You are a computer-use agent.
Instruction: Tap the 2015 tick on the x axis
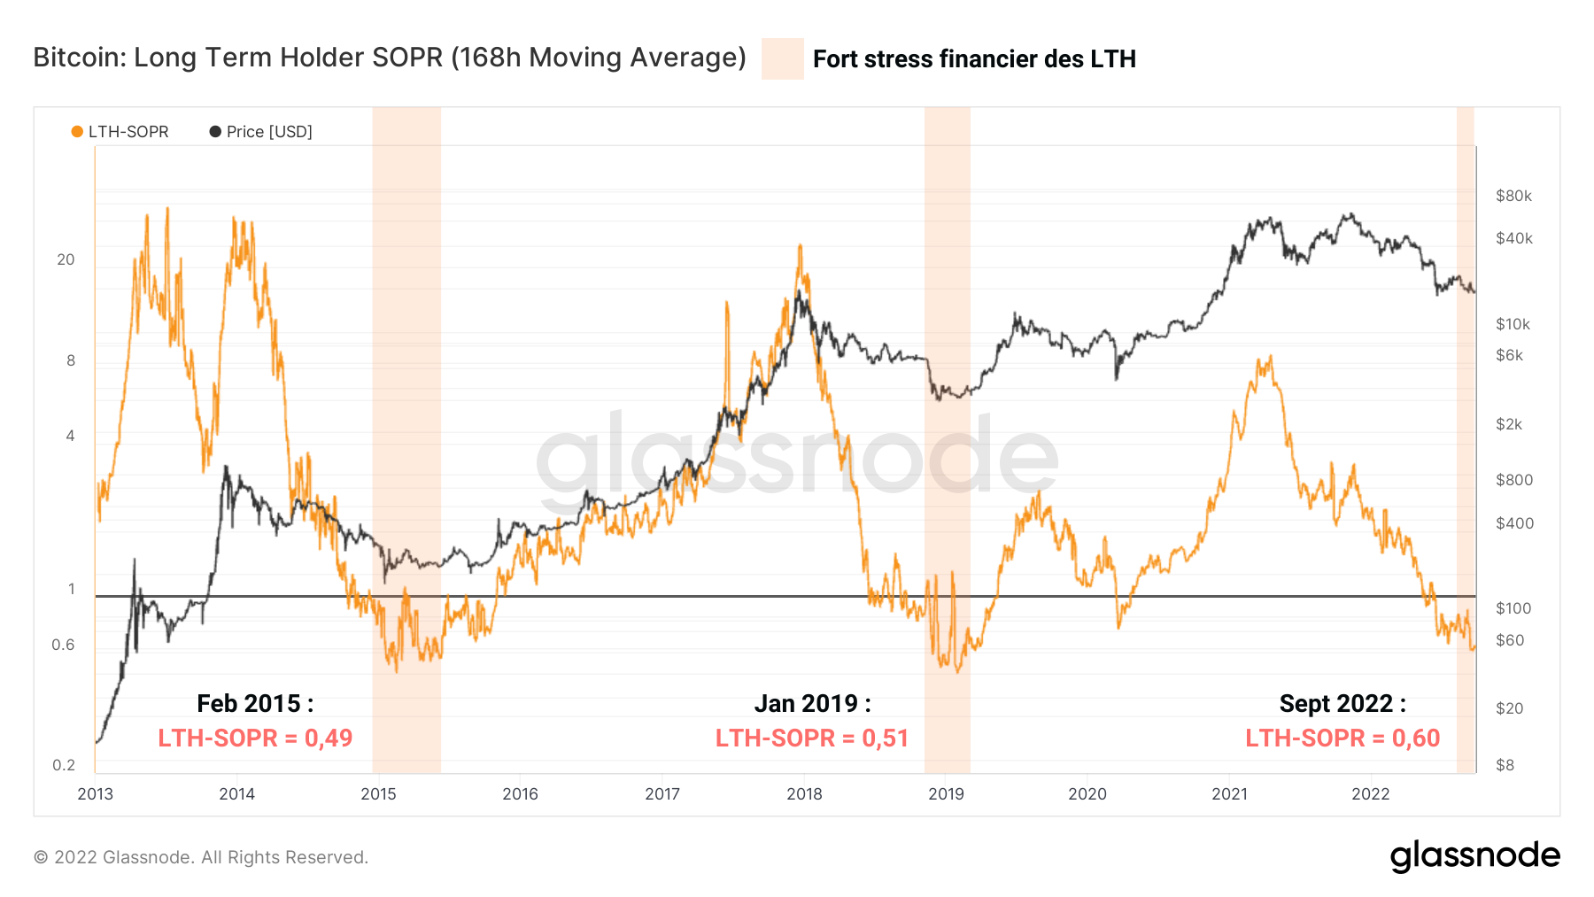[x=378, y=793]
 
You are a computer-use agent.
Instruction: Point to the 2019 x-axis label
[x=946, y=793]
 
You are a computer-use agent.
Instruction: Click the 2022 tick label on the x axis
[x=1370, y=793]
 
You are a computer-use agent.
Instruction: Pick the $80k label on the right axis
[x=1513, y=196]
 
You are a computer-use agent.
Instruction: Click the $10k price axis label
[x=1513, y=324]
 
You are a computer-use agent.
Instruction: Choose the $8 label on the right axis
[x=1505, y=765]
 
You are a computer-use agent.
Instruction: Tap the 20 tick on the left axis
[x=66, y=259]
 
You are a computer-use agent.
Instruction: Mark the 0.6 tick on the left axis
[x=63, y=645]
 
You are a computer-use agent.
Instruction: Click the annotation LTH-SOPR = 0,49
[x=255, y=738]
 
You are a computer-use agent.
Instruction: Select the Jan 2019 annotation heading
[x=812, y=703]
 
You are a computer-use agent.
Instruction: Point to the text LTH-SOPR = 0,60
[x=1343, y=738]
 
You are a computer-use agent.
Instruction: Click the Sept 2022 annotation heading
[x=1343, y=703]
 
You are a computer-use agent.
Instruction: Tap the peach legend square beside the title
[x=782, y=58]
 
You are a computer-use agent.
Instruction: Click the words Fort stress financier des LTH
[x=974, y=58]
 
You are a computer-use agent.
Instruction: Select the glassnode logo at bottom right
[x=1474, y=856]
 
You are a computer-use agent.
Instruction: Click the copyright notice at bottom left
[x=201, y=857]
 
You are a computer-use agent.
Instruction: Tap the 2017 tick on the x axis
[x=662, y=793]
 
